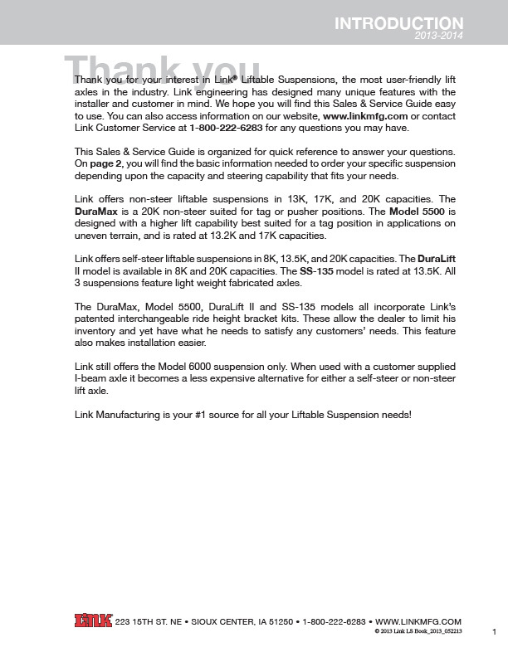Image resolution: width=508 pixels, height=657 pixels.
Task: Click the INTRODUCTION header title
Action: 398,24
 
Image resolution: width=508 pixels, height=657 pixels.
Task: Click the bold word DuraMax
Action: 95,212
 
